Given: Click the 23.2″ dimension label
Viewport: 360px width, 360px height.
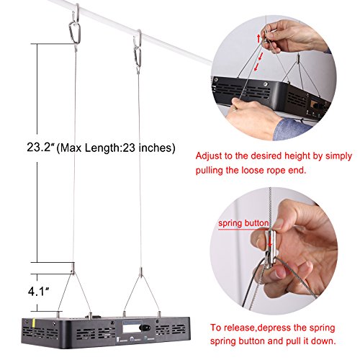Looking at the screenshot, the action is (x=40, y=147).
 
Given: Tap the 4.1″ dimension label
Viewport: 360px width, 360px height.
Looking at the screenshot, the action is (x=38, y=292).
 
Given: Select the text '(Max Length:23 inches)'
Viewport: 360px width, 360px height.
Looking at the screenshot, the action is (x=116, y=148).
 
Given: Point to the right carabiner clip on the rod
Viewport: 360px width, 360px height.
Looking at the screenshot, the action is (x=138, y=56).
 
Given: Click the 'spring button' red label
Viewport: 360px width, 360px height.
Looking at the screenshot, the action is (x=243, y=223).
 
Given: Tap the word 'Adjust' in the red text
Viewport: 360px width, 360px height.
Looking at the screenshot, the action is (x=209, y=156).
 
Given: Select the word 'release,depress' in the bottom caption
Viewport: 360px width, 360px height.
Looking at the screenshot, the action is (x=261, y=328).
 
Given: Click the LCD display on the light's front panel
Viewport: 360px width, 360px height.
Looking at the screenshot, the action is (x=132, y=327).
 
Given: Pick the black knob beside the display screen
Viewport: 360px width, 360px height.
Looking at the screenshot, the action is (x=146, y=328).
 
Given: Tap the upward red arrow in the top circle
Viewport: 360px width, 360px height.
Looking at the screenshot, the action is (x=258, y=39).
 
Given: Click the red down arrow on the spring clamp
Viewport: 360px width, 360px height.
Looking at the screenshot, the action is (x=270, y=241).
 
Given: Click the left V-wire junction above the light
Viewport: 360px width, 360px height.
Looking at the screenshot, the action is (x=73, y=271).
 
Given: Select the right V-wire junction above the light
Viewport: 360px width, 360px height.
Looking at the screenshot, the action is (x=141, y=274).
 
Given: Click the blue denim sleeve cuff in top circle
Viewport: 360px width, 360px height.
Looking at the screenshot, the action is (x=292, y=127).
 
